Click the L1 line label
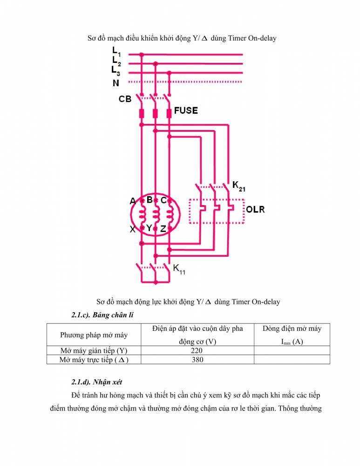point(116,52)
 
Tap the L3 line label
point(116,71)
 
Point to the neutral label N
point(116,83)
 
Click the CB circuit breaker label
point(125,99)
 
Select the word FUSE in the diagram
point(186,110)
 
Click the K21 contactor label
point(238,186)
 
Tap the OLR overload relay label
point(255,210)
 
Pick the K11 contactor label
point(179,269)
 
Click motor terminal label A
point(133,201)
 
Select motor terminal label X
point(133,229)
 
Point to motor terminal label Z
point(163,229)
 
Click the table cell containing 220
point(197,350)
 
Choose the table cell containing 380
point(197,360)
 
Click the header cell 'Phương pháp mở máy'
point(94,335)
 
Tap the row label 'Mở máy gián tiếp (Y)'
point(94,350)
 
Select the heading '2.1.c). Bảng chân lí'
point(102,315)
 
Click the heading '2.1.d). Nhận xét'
point(96,382)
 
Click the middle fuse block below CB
point(155,113)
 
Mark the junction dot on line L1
point(142,55)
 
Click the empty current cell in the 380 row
point(292,360)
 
